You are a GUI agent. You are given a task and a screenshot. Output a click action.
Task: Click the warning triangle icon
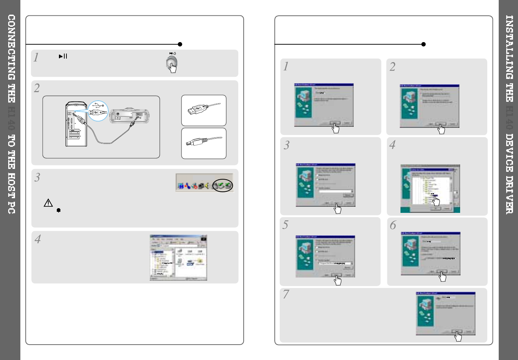coord(48,203)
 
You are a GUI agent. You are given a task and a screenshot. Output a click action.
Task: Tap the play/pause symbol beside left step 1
coord(63,56)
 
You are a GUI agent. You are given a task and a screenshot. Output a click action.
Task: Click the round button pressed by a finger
coord(171,62)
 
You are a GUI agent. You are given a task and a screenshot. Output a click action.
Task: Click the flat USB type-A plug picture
coord(203,110)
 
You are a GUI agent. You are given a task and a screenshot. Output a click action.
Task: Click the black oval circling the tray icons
coord(222,185)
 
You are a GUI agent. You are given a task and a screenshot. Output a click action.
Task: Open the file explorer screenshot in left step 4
coord(178,257)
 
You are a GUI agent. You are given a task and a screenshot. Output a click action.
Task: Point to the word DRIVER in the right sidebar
coord(509,195)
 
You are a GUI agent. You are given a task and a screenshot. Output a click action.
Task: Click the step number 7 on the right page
coord(286,294)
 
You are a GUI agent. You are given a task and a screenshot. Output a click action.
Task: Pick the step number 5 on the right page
coord(285,225)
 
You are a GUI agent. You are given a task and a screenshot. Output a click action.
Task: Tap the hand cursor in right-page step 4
coord(436,201)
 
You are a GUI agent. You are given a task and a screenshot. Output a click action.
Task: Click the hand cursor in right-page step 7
coord(458,336)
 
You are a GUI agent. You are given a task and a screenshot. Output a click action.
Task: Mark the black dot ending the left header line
coord(180,44)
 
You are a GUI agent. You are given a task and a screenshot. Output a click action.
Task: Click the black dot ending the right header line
coord(423,44)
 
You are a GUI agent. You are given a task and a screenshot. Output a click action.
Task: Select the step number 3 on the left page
coord(37,177)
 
